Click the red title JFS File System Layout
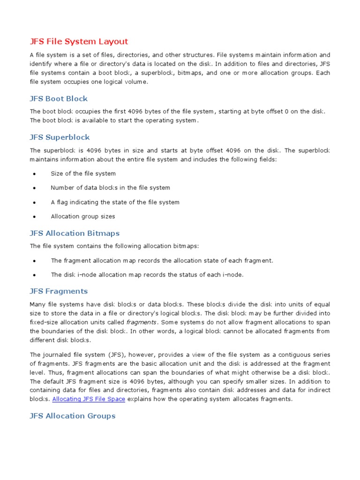(x=79, y=41)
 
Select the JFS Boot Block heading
(x=59, y=98)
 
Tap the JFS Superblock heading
(x=60, y=137)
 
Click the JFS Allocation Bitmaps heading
(x=75, y=233)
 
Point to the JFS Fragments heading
(x=59, y=291)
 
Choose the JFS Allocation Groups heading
(x=72, y=416)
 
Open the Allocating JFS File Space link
(x=89, y=399)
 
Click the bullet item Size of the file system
(x=83, y=173)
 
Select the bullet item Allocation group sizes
(x=82, y=217)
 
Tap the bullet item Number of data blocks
(x=110, y=187)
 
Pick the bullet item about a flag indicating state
(x=115, y=202)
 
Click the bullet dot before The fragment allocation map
(x=34, y=261)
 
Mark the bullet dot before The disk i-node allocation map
(x=34, y=275)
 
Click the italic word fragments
(x=141, y=322)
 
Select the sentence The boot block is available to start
(x=114, y=120)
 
